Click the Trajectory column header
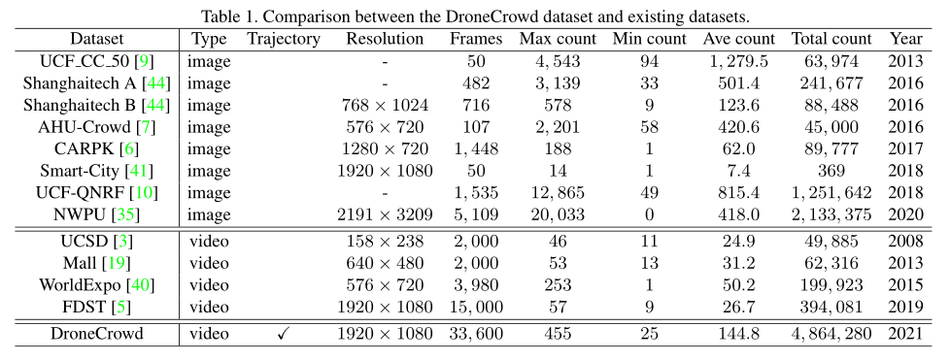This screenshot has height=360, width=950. click(284, 39)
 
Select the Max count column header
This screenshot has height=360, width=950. click(557, 39)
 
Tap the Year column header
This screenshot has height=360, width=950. click(906, 39)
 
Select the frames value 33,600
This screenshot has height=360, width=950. click(476, 334)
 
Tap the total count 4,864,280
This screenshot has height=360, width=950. click(831, 334)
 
